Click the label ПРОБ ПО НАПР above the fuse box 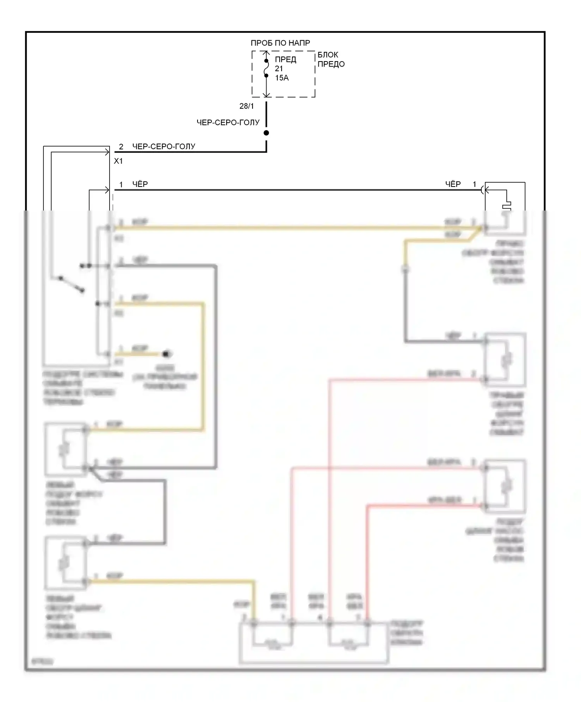coord(280,43)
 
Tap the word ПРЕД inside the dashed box coord(285,59)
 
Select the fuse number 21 coord(279,68)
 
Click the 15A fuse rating coord(282,78)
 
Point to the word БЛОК coord(328,55)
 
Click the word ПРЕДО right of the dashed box coord(331,64)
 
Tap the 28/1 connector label coord(246,106)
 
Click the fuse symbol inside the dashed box coord(266,68)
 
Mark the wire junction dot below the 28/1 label coord(266,133)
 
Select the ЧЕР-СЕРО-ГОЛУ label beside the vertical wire coord(228,123)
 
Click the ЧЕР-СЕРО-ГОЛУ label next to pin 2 coord(163,146)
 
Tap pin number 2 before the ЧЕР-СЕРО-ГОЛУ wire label coord(121,147)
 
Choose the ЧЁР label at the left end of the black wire coord(140,184)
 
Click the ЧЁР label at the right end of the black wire coord(453,184)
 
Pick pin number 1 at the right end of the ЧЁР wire coord(474,184)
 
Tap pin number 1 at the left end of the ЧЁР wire coord(121,185)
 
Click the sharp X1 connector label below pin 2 coord(118,161)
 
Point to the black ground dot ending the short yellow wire coord(167,354)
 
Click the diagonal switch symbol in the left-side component coord(71,284)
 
